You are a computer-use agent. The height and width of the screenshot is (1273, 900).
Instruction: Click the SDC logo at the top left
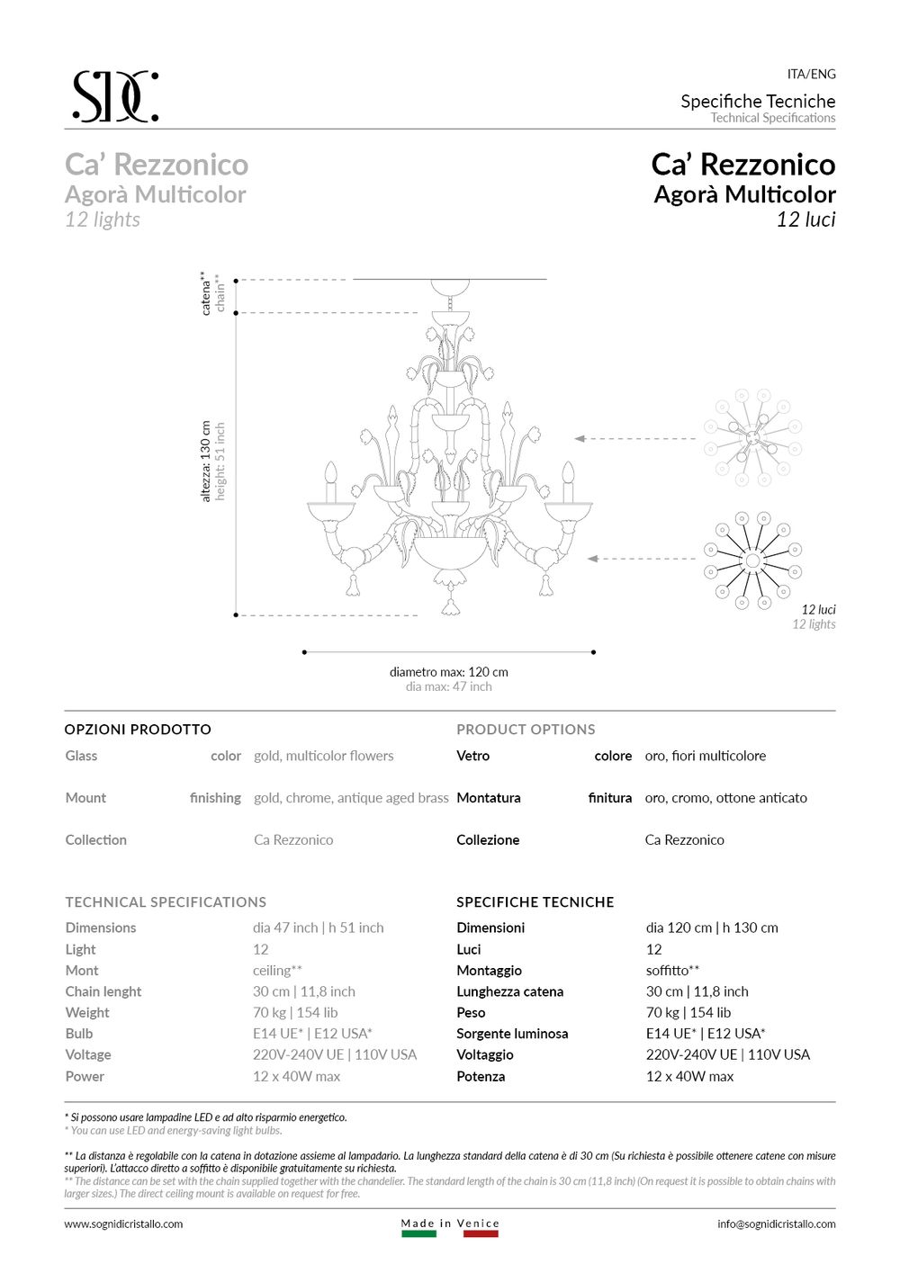(115, 96)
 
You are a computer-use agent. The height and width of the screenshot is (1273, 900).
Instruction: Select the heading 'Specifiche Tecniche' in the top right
(758, 101)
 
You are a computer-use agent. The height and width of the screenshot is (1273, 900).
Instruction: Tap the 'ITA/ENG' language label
(811, 74)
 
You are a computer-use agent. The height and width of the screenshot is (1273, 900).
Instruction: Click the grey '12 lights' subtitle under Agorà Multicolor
(103, 220)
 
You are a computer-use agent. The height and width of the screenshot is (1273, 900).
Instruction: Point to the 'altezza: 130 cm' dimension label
(206, 462)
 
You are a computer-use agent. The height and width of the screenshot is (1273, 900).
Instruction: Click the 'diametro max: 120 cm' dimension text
(448, 672)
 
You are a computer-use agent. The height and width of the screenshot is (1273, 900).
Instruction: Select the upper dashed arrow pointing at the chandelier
(634, 439)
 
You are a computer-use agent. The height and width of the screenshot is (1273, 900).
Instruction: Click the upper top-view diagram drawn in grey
(753, 437)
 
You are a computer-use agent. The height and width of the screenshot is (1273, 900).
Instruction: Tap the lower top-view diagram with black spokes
(753, 560)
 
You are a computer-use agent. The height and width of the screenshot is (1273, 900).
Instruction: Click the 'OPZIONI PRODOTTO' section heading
(138, 730)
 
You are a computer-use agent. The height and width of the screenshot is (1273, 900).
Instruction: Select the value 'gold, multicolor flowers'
(323, 756)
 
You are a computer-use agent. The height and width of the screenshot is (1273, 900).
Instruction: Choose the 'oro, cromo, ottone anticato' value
(725, 798)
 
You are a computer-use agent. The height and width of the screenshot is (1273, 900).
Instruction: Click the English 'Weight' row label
(87, 1012)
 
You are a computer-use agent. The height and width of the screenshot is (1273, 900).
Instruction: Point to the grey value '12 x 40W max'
(296, 1076)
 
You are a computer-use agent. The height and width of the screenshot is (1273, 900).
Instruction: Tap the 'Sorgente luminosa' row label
(512, 1034)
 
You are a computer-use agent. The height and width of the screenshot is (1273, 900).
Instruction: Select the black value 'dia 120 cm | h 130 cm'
(711, 928)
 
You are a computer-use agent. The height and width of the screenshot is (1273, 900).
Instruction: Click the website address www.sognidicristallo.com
(123, 1224)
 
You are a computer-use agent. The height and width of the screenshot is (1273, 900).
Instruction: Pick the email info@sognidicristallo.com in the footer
(776, 1224)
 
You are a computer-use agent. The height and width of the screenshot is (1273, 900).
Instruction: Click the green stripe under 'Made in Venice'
(418, 1234)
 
